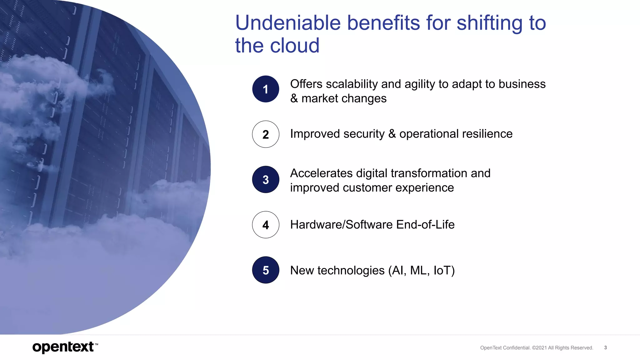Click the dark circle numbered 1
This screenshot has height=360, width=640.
coord(266,89)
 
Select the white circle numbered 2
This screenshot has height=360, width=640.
coord(266,134)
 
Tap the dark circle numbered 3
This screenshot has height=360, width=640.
coord(266,179)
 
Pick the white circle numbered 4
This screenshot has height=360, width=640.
coord(266,225)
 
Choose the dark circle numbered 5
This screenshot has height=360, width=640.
coord(266,270)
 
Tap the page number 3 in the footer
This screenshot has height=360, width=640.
coord(605,347)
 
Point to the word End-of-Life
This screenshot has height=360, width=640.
coord(425,225)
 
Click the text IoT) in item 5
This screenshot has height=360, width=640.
coord(444,270)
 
